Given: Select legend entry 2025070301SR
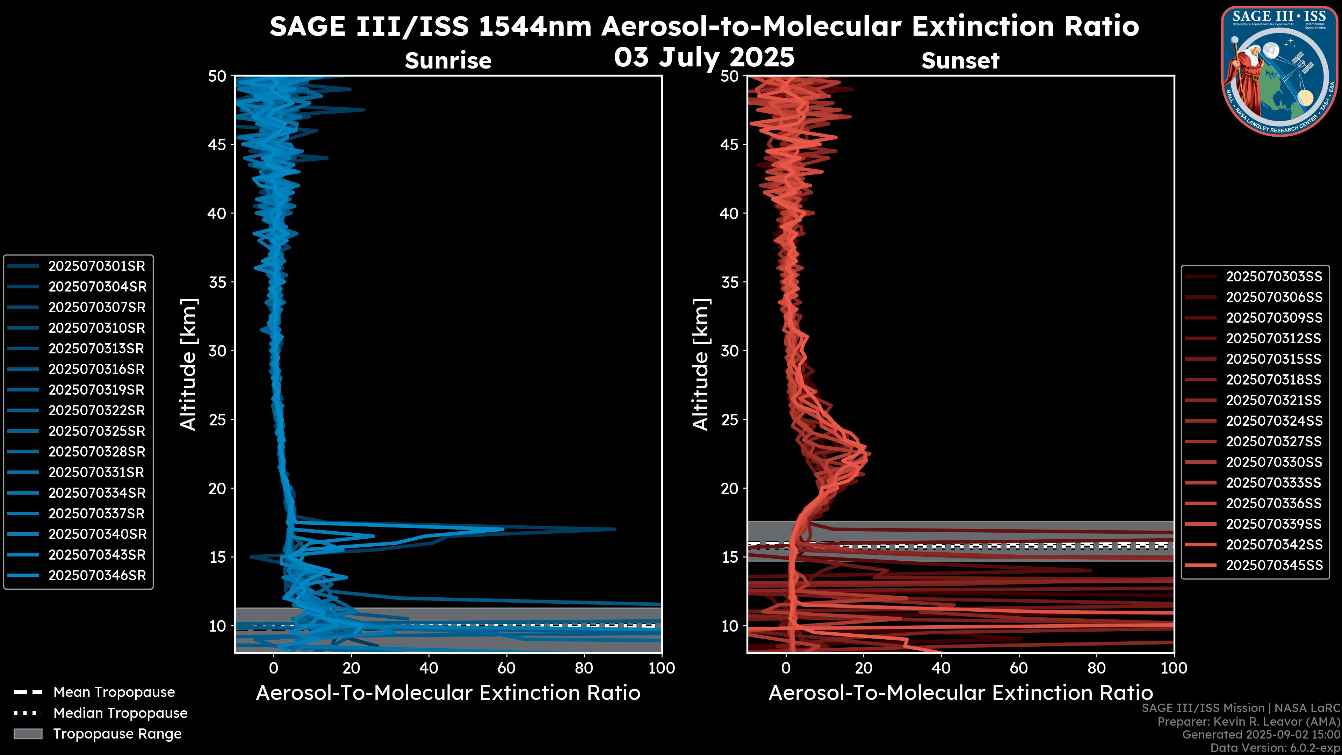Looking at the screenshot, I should [x=97, y=266].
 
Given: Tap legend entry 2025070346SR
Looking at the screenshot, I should [x=97, y=576].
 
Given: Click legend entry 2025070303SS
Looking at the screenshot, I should [x=1274, y=277].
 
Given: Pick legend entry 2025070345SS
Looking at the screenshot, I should [x=1274, y=565].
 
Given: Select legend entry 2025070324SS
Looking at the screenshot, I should [x=1274, y=421].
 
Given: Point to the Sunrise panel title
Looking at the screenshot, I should [x=448, y=61].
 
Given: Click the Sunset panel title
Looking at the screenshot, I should [x=960, y=61].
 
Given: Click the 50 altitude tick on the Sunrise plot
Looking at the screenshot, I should [x=217, y=77].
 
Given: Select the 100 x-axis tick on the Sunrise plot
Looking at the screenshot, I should [x=662, y=668].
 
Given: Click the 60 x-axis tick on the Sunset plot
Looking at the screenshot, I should [x=1018, y=668].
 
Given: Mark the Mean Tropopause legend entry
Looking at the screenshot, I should [x=114, y=692].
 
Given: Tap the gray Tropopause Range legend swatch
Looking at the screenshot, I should [x=28, y=734].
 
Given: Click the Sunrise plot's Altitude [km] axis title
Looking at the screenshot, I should [x=189, y=365].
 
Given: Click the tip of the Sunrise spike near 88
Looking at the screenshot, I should [x=615, y=530].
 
